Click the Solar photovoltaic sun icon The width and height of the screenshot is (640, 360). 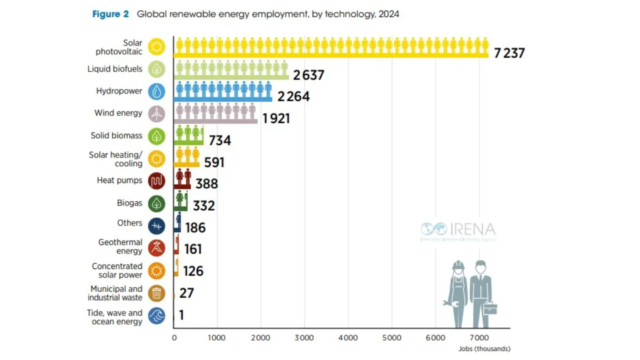(156, 47)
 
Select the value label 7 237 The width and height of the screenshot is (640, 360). (509, 53)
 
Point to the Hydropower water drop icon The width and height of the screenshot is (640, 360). (156, 91)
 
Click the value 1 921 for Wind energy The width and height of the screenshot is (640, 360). (276, 118)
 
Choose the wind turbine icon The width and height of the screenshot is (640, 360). (156, 113)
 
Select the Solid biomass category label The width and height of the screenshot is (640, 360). (116, 135)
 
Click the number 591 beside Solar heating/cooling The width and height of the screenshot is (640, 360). (214, 162)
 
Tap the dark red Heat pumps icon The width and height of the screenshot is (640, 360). (156, 181)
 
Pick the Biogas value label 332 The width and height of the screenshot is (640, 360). (204, 205)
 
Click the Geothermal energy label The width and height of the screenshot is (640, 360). (120, 246)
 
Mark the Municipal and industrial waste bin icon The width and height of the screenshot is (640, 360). (156, 293)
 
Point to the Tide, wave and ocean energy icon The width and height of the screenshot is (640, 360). (156, 316)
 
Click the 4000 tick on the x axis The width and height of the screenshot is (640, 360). (348, 338)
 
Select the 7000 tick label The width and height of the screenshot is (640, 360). (479, 338)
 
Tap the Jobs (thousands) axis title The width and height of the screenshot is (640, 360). (484, 349)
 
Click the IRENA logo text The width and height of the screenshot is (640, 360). (472, 230)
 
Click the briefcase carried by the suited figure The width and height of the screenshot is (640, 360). (490, 308)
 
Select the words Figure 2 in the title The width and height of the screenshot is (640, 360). (110, 14)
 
